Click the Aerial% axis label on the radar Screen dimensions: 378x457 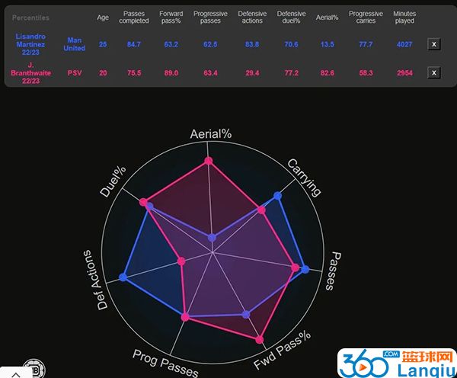point(210,134)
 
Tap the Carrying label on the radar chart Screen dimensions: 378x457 point(305,178)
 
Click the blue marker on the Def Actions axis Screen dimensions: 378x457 point(123,278)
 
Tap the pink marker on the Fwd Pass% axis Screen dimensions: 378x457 point(260,340)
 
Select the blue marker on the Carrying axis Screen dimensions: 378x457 point(278,197)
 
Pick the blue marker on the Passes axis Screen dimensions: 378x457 point(305,269)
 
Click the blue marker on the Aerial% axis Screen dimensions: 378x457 point(212,238)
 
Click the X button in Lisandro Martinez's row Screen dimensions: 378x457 point(434,44)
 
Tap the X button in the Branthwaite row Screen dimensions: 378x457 point(434,73)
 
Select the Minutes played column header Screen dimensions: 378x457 point(404,18)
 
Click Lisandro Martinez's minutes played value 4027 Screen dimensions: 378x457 point(404,44)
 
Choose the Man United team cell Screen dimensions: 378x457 point(75,44)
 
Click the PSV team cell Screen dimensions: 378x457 point(75,72)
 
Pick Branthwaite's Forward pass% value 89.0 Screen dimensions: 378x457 point(171,72)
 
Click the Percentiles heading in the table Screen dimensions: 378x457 point(30,17)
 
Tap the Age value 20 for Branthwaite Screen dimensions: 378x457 point(103,72)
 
